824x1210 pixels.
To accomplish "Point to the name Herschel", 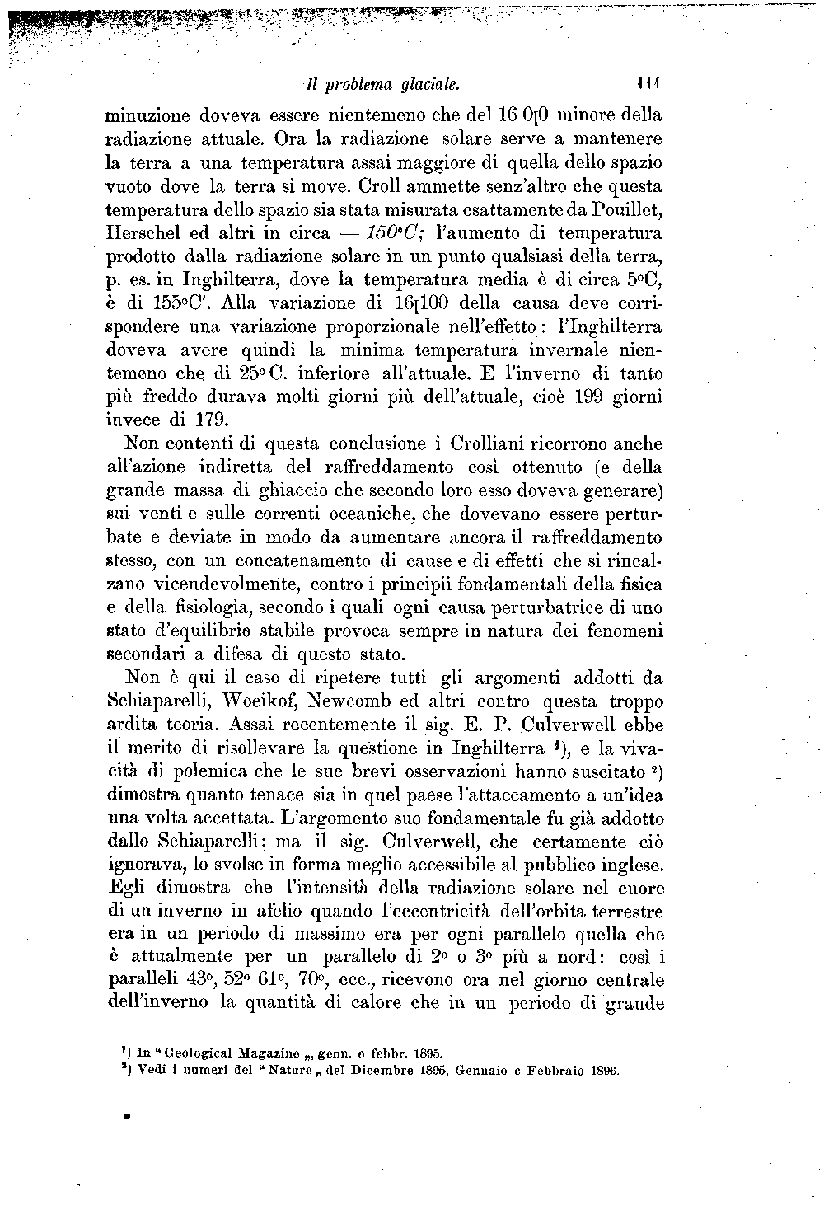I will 144,233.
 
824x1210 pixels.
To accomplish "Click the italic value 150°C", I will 393,233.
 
